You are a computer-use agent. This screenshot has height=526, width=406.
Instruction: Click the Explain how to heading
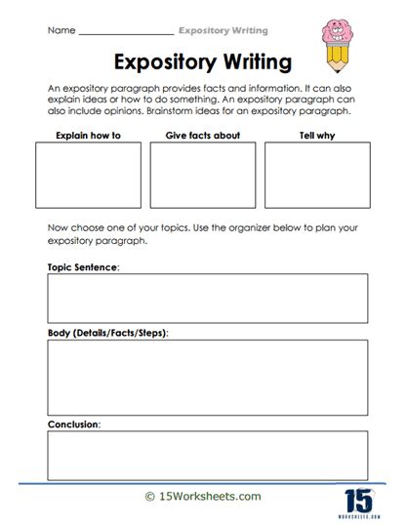coord(89,135)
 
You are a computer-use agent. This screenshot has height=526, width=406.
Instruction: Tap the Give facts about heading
coord(202,135)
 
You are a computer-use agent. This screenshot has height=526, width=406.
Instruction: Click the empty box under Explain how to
coord(89,176)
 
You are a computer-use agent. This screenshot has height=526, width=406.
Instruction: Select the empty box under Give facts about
coord(203,176)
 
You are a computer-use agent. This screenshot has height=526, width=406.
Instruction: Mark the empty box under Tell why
coord(316,176)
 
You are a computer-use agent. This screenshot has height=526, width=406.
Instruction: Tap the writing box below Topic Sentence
coord(207,298)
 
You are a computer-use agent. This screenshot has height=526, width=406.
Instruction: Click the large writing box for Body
coord(207,377)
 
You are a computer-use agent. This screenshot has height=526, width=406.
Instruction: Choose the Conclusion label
coord(73,425)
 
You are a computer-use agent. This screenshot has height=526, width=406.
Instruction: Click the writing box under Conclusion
coord(207,455)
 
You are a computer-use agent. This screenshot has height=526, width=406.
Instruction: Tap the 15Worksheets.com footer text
coord(209,496)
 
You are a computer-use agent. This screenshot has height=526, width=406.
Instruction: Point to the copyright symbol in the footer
coord(150,496)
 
